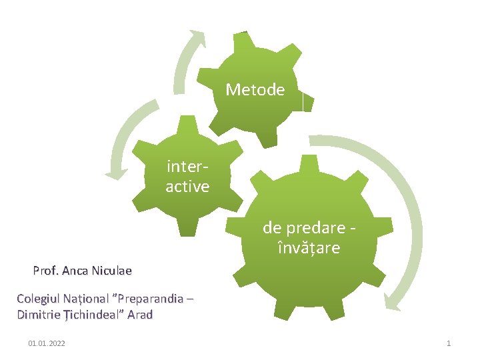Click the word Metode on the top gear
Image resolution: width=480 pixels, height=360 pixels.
point(255,89)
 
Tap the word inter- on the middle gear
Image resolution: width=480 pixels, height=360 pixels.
point(187,165)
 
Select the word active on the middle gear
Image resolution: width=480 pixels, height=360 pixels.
point(187,187)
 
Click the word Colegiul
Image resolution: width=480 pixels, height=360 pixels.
point(39,299)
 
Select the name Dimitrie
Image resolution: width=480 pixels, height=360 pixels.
point(39,315)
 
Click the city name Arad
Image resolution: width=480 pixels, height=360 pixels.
point(139,315)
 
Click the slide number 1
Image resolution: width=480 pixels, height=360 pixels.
point(449,343)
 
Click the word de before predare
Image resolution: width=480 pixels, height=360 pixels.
point(272,227)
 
